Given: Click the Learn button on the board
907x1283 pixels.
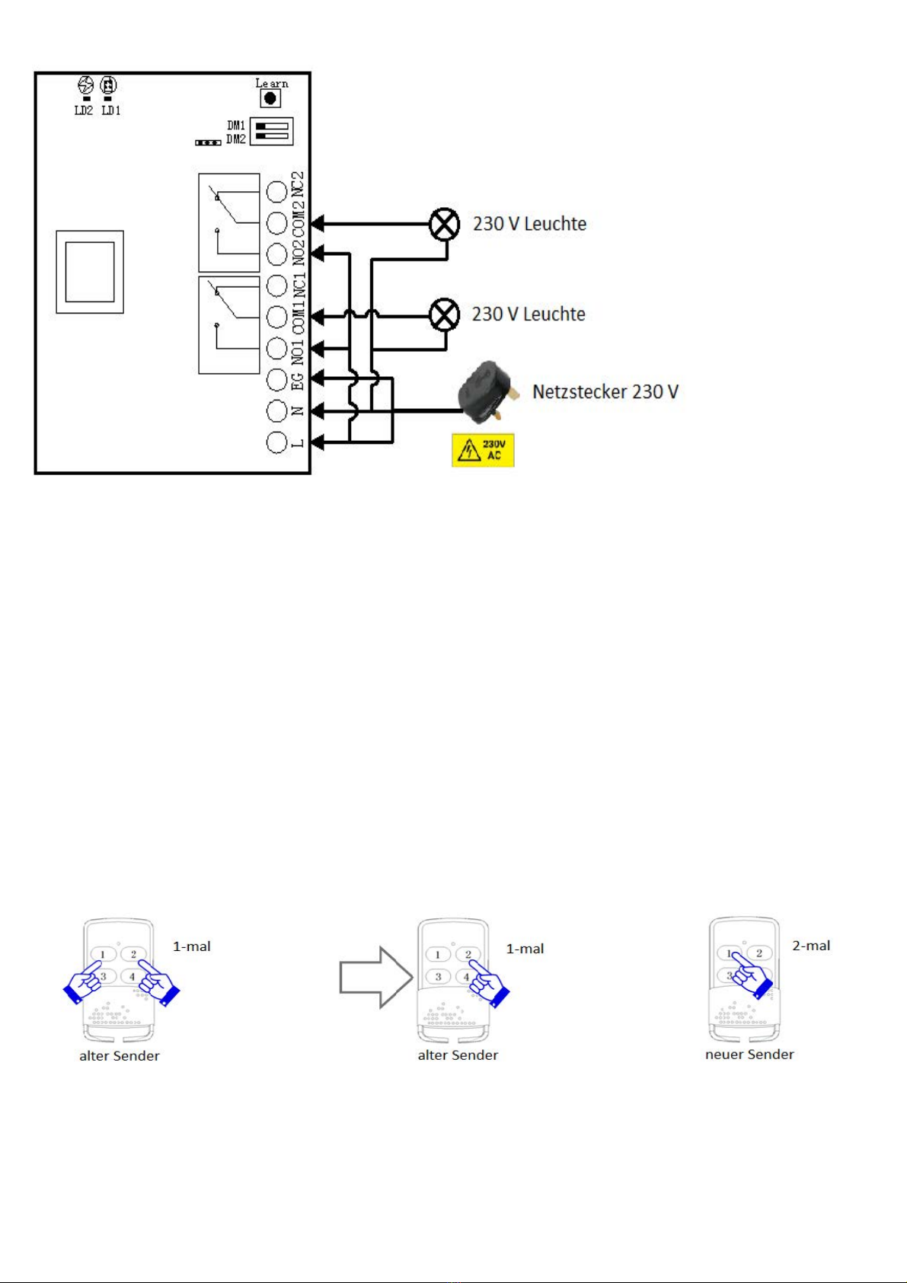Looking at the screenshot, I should point(270,98).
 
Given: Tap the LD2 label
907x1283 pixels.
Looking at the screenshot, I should point(84,110).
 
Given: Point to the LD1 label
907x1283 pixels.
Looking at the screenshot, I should point(111,110).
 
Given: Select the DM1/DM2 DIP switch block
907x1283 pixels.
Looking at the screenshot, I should point(271,131).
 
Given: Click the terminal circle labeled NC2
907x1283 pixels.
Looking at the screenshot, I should point(277,191).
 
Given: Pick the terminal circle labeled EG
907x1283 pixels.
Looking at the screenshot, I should point(277,379).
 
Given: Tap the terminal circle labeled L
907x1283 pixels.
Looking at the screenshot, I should point(277,442).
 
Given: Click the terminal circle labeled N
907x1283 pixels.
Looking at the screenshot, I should point(277,410).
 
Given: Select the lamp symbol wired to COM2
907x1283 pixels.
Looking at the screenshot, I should point(445,224).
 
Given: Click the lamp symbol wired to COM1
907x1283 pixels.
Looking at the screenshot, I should point(445,314).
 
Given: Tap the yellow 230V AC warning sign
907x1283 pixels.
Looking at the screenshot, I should point(483,450).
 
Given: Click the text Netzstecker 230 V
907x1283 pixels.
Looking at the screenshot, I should point(605,392).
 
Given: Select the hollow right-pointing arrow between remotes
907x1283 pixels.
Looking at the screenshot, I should point(375,978).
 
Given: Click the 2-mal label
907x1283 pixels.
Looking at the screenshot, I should point(811,946).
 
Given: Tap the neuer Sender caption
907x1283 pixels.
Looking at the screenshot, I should point(749,1055).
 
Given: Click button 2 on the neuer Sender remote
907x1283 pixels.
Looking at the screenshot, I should point(758,953).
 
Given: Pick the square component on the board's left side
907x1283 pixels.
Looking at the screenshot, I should point(90,272).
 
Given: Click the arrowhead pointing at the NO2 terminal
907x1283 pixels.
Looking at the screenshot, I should point(318,254).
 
